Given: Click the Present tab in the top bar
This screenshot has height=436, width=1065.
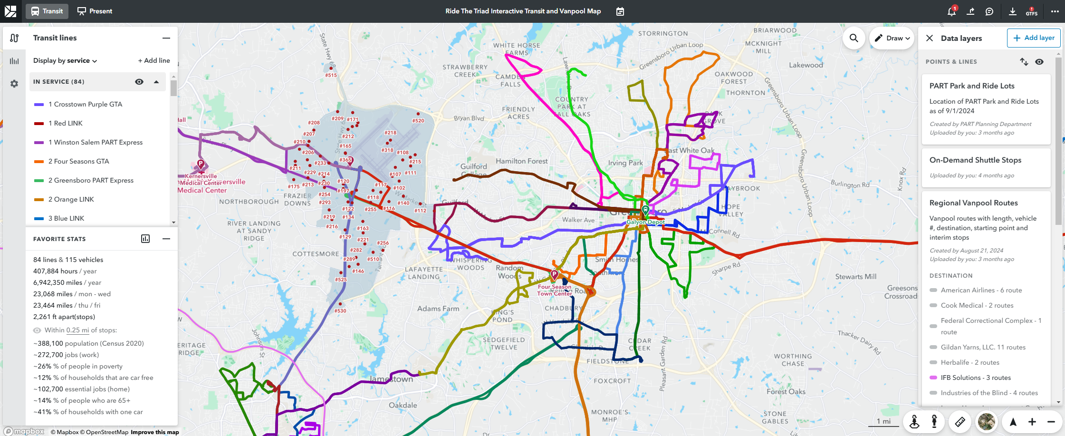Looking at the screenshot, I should click(95, 11).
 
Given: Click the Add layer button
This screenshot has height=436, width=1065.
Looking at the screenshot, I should click(1034, 38).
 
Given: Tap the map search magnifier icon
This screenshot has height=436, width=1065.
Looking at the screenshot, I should click(854, 38).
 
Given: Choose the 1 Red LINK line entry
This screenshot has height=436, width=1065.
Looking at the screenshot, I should click(68, 123).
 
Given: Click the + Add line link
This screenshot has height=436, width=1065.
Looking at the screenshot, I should click(154, 60).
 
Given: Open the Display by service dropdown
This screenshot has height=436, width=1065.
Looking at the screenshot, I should click(65, 60).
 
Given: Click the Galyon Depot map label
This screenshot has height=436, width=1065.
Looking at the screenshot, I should click(645, 222).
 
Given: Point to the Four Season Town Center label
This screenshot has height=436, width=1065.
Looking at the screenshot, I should click(555, 290).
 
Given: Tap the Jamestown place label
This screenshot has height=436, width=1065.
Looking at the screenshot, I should click(391, 379).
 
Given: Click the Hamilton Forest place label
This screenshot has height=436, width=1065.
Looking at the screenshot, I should click(522, 161).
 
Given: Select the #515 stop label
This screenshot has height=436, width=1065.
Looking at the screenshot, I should click(331, 75).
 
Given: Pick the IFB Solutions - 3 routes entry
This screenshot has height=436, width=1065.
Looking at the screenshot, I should click(976, 378).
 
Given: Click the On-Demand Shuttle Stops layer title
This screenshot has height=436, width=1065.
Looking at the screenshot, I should click(975, 160).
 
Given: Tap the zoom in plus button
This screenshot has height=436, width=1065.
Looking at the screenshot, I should click(1032, 422).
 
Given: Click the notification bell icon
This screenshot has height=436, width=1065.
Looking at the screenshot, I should click(951, 11).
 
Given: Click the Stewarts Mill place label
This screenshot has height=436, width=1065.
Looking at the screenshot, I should click(855, 277).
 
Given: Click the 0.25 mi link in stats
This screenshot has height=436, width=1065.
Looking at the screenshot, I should click(77, 330).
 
